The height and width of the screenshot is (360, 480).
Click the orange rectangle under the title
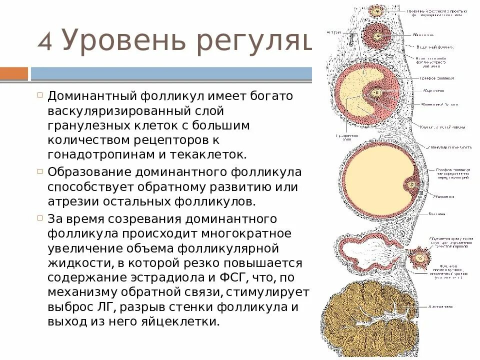(14, 74)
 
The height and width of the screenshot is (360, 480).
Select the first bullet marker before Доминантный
(40, 94)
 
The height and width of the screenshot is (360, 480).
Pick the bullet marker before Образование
(40, 171)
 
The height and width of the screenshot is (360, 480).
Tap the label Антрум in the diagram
(333, 32)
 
